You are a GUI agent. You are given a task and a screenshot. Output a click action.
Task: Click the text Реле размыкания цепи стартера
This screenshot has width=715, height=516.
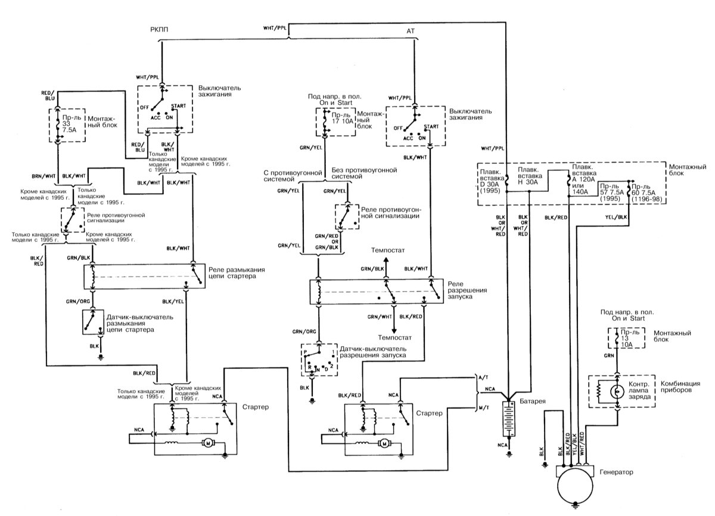tap(237, 273)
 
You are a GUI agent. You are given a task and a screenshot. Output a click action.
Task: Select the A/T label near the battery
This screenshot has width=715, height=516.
tap(483, 378)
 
